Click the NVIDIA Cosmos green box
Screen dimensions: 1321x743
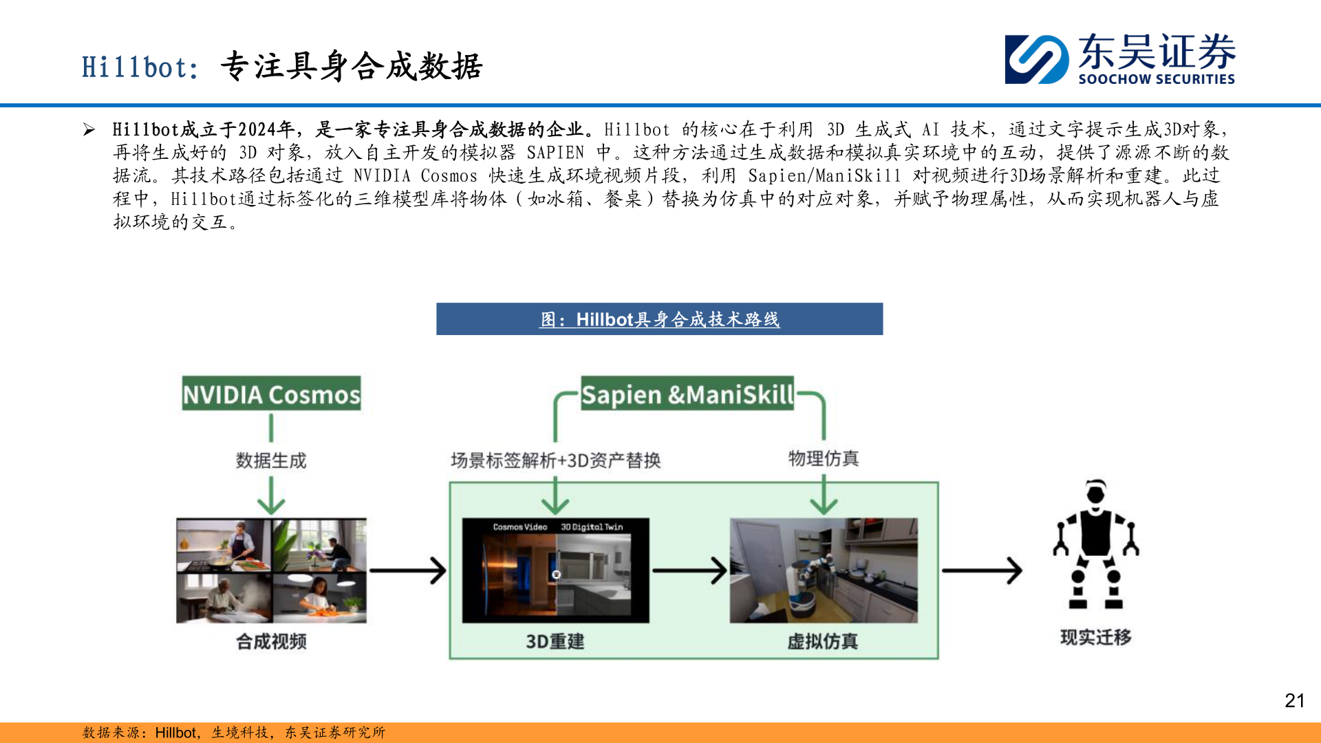click(271, 394)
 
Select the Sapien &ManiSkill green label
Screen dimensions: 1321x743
click(687, 394)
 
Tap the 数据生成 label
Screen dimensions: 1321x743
click(271, 460)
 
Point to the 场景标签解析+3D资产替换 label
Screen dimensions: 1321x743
click(555, 460)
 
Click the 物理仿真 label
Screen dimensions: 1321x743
click(824, 458)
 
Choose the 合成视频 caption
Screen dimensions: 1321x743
click(271, 641)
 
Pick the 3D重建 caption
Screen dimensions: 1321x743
click(555, 641)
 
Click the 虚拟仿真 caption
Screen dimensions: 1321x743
click(823, 641)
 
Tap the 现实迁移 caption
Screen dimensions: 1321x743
click(1095, 637)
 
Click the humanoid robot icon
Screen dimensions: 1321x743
click(1095, 543)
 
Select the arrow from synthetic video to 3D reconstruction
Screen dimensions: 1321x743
click(408, 570)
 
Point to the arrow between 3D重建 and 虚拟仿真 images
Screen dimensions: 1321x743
click(689, 570)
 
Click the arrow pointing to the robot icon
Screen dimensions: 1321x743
click(982, 570)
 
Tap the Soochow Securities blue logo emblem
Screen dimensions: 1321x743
click(1036, 59)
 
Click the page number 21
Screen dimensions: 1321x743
click(1294, 700)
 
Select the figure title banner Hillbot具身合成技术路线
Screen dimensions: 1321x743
click(659, 319)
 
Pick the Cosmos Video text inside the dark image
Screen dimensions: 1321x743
click(519, 527)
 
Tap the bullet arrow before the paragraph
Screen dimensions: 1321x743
click(89, 129)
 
